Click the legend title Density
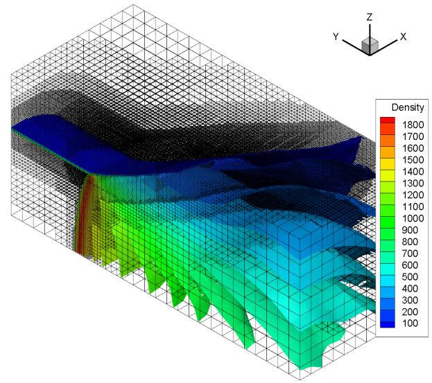(x=408, y=107)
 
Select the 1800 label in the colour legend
(x=413, y=125)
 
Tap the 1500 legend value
(x=413, y=160)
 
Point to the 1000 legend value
(x=413, y=218)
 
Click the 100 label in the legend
(x=411, y=323)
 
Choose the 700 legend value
(x=411, y=253)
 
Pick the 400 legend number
(x=411, y=288)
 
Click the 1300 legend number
(x=413, y=184)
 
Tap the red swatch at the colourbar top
(x=388, y=121)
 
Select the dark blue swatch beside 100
(x=388, y=324)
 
